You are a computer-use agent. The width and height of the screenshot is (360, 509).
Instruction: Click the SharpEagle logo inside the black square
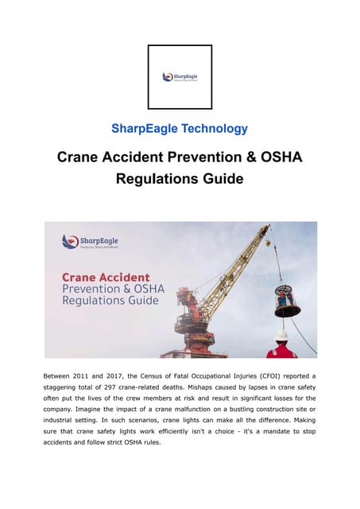click(x=180, y=77)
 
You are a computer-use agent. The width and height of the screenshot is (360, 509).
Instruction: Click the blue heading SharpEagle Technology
click(x=180, y=128)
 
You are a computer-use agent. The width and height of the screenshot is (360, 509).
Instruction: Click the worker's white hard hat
click(x=281, y=336)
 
